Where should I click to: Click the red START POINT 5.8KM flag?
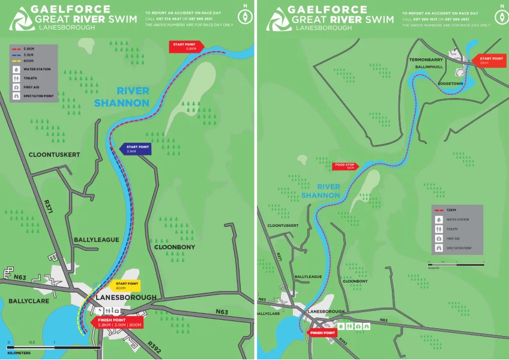(187, 47)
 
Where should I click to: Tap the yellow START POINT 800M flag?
(127, 286)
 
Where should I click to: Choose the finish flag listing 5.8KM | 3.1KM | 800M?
(119, 322)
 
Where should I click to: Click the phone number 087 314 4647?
(167, 19)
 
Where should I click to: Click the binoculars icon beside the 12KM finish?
(366, 326)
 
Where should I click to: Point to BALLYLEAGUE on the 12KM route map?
(309, 277)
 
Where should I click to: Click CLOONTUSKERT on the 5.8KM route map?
(54, 155)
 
